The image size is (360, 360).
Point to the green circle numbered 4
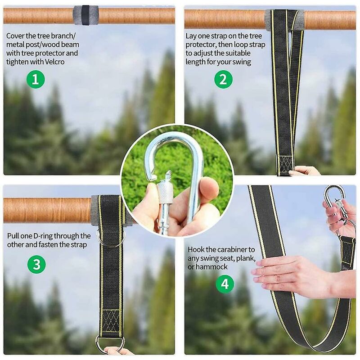[x=225, y=283]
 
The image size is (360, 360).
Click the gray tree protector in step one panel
[x=85, y=15]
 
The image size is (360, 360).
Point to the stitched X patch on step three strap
[x=111, y=320]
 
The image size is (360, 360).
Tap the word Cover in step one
[x=16, y=36]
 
